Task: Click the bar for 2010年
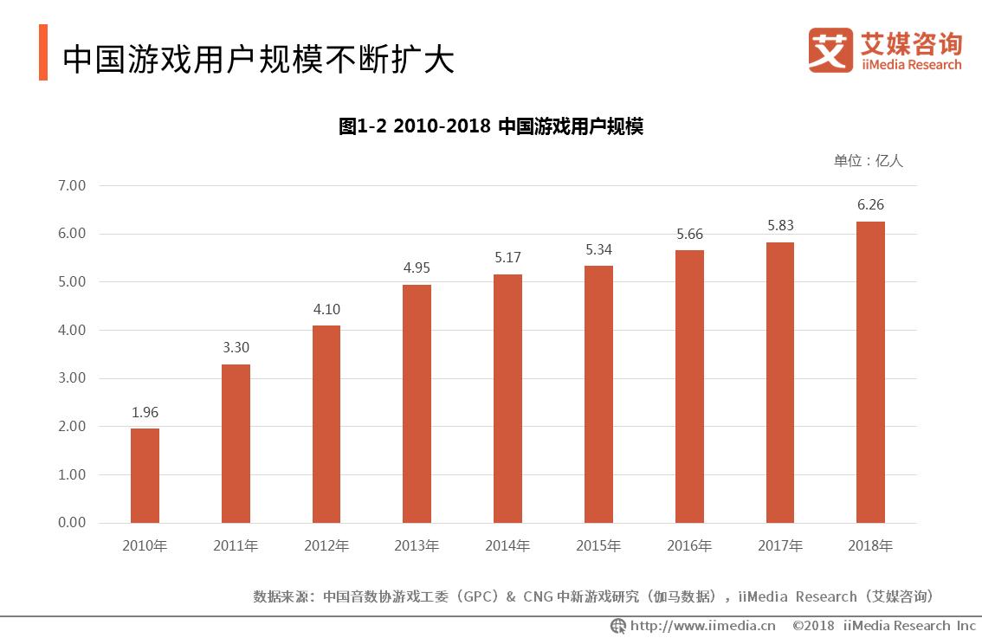pyautogui.click(x=145, y=475)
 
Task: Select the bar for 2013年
pyautogui.click(x=417, y=403)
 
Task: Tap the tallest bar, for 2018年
pyautogui.click(x=870, y=372)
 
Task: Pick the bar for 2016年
pyautogui.click(x=689, y=386)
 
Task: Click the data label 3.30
pyautogui.click(x=236, y=347)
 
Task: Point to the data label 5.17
pyautogui.click(x=507, y=257)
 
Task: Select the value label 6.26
pyautogui.click(x=870, y=204)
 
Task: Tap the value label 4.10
pyautogui.click(x=326, y=309)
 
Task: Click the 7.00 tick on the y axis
pyautogui.click(x=72, y=185)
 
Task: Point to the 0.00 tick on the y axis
pyautogui.click(x=72, y=523)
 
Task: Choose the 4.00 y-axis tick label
pyautogui.click(x=72, y=330)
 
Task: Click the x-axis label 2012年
pyautogui.click(x=326, y=546)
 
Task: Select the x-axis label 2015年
pyautogui.click(x=598, y=546)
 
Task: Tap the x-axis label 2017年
pyautogui.click(x=780, y=546)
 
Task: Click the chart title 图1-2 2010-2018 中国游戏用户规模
pyautogui.click(x=490, y=126)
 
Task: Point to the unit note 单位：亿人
pyautogui.click(x=868, y=160)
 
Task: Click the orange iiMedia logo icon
pyautogui.click(x=830, y=50)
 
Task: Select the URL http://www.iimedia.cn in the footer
pyautogui.click(x=702, y=626)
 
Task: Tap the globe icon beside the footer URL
pyautogui.click(x=618, y=626)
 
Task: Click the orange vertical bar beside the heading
pyautogui.click(x=43, y=53)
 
